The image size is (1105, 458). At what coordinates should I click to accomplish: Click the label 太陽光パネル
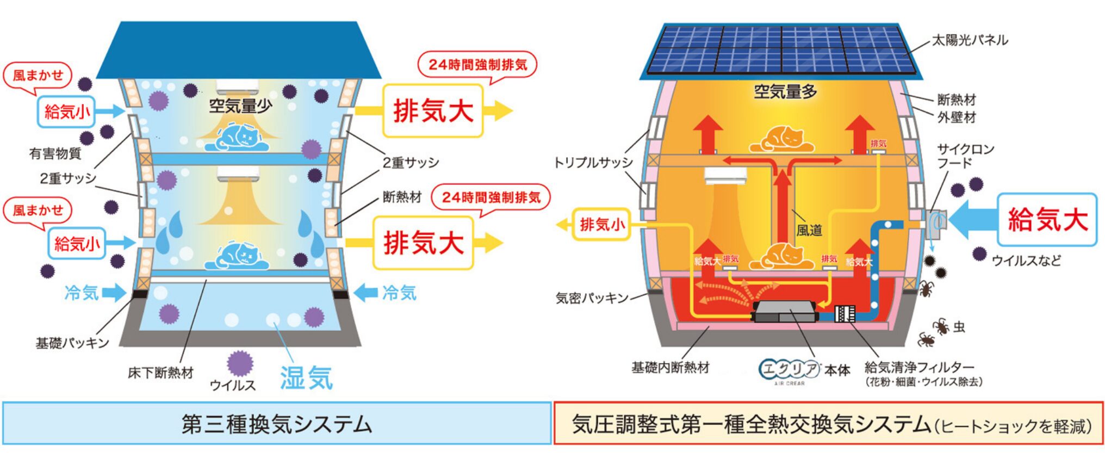970,40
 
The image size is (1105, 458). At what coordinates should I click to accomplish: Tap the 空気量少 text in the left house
240,106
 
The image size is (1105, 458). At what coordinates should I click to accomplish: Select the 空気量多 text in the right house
785,91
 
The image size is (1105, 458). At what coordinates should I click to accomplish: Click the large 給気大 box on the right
1047,220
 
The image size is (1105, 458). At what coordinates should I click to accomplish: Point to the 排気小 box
601,224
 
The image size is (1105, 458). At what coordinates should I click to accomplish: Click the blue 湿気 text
306,377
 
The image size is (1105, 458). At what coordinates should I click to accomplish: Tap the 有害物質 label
55,154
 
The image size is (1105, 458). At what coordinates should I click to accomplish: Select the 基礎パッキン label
72,343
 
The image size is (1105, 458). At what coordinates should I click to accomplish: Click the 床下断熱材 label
160,373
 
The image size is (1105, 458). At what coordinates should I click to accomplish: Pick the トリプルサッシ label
593,163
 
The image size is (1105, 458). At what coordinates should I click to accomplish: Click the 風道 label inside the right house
809,231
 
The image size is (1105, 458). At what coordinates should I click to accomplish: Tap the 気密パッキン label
592,298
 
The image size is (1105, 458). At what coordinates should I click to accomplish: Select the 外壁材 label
957,117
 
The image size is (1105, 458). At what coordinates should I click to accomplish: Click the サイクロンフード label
965,156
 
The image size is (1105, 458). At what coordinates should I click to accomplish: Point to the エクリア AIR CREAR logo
789,370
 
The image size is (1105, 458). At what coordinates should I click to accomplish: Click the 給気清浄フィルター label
919,368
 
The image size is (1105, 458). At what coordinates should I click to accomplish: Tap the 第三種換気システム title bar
276,424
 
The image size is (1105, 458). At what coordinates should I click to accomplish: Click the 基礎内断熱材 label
670,368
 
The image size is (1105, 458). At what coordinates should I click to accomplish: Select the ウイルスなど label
1026,261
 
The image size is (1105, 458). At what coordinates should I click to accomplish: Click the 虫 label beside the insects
959,327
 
